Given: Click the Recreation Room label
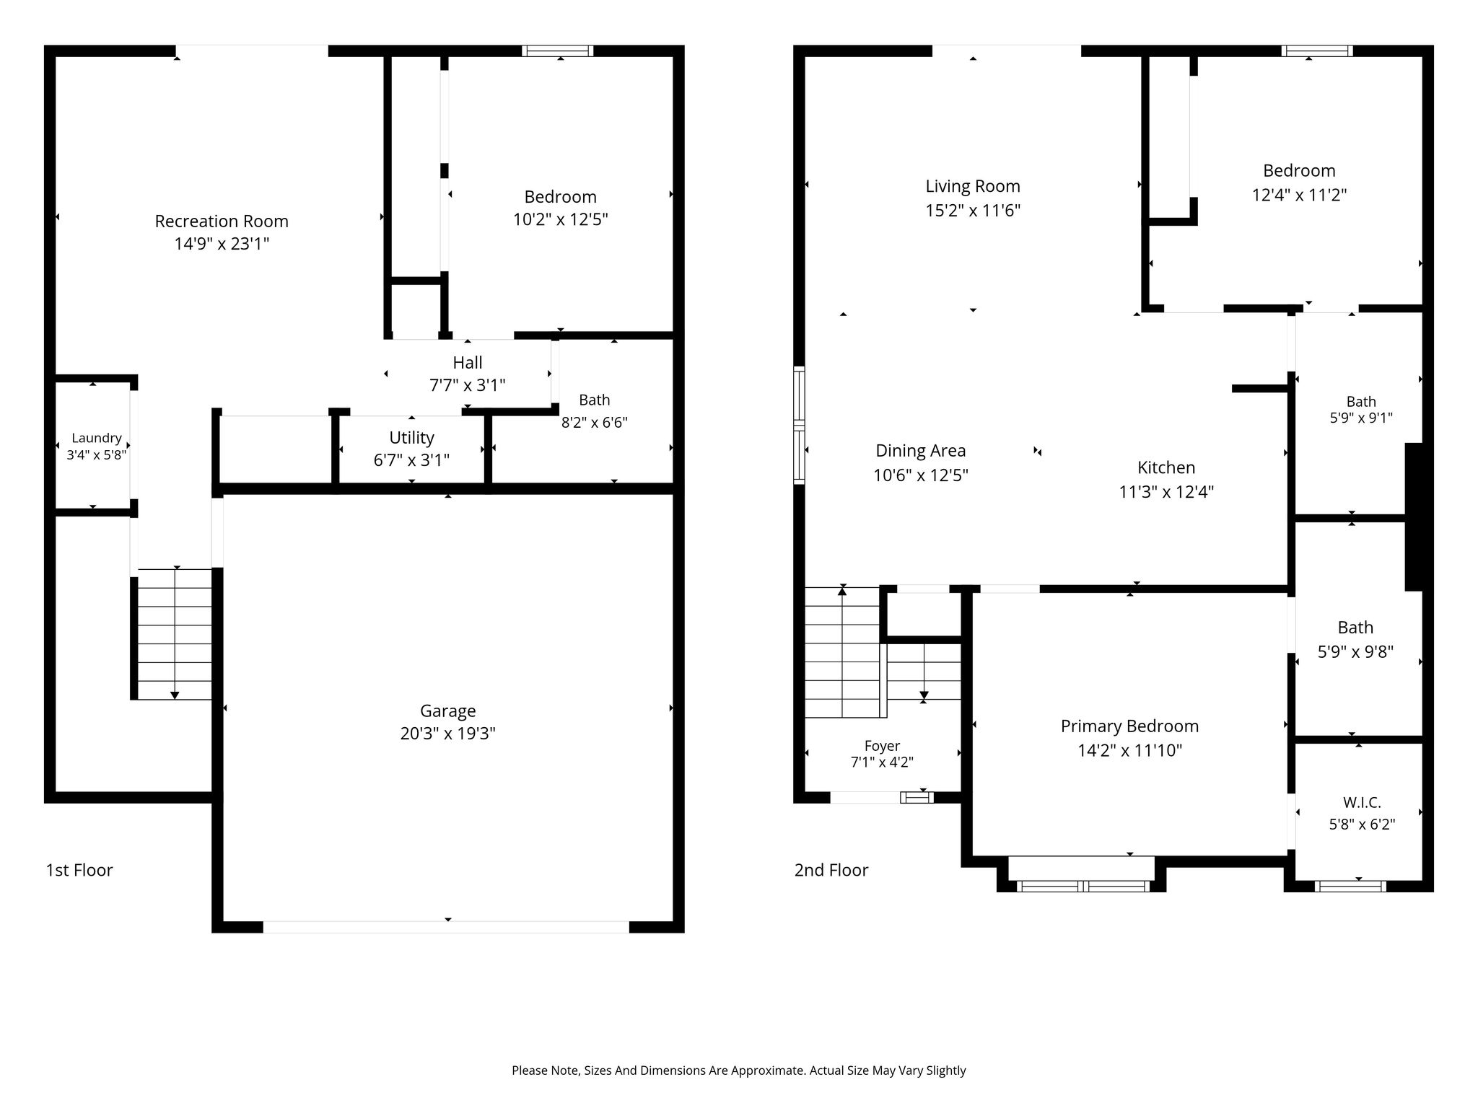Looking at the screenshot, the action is click(222, 221).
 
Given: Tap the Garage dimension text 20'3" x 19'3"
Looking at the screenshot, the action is click(447, 734).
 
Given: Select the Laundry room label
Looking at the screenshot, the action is click(97, 438).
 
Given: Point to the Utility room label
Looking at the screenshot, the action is click(412, 438).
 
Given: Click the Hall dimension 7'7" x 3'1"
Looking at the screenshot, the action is click(468, 385).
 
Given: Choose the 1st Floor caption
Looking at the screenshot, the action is click(79, 870).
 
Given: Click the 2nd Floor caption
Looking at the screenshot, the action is click(831, 870).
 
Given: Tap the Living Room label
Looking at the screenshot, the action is click(973, 186).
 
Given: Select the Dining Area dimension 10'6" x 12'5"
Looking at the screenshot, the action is click(921, 475).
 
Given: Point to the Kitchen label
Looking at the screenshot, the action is click(1166, 467).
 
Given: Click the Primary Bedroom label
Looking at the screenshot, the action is click(1129, 726).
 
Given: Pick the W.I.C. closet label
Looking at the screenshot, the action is click(1362, 803).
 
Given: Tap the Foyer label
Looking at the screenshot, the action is click(882, 746).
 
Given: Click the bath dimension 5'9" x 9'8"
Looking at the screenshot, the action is click(1355, 652).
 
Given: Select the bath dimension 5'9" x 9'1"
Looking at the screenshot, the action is click(1361, 418).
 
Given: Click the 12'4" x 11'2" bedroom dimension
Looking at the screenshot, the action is click(1299, 195).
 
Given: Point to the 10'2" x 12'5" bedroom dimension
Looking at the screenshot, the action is click(561, 219).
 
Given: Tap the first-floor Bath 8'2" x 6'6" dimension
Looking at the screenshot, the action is click(595, 423).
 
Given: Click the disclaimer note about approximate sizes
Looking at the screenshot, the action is click(739, 1070).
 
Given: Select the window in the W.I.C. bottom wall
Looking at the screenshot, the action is click(1350, 886).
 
